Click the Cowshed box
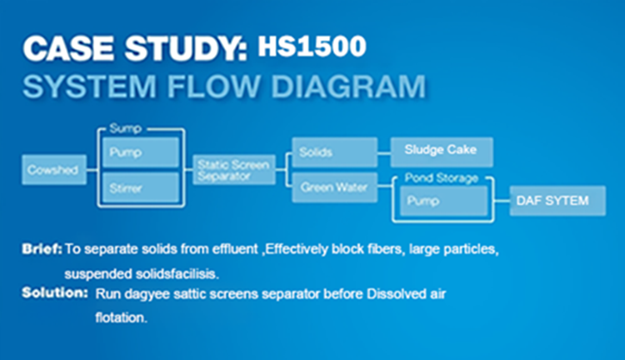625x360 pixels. point(52,170)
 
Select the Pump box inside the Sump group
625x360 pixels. point(140,152)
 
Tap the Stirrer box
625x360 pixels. point(140,188)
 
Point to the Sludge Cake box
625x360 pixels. point(441,152)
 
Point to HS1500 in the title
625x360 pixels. point(312,47)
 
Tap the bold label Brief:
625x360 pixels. point(42,248)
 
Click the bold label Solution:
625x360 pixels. point(55,293)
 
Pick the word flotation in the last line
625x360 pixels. point(122,317)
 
